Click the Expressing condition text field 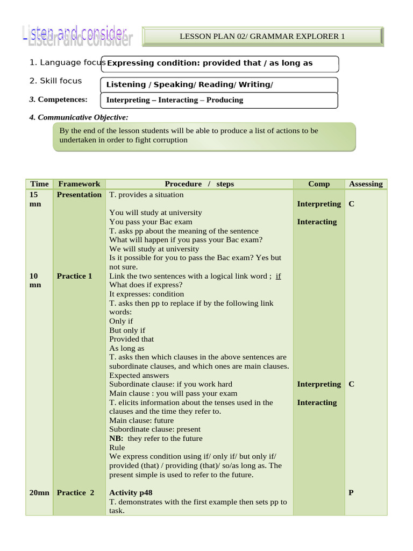coord(220,63)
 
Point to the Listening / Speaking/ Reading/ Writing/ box coord(219,84)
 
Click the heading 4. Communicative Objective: coord(79,117)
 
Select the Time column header coord(39,184)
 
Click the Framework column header coord(79,184)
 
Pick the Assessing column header coord(366,184)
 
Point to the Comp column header coord(319,184)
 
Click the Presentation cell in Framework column coord(79,195)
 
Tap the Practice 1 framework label coord(75,276)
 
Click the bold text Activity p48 coord(131,492)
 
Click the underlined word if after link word coord(278,276)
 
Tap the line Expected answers coord(139,376)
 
